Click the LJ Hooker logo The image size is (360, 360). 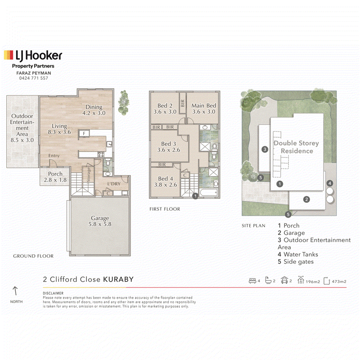[33, 55]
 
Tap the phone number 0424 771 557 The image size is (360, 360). [33, 78]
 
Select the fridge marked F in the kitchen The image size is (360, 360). [84, 133]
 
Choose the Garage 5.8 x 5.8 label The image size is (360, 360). [100, 221]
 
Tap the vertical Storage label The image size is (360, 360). [89, 175]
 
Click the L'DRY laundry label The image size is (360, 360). [114, 184]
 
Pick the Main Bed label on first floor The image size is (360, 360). [204, 108]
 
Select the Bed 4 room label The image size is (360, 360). [165, 182]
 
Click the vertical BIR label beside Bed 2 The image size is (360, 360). [183, 103]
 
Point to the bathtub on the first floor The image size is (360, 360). [208, 193]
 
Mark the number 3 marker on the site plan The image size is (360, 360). [265, 149]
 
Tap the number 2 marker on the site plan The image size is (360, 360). [306, 199]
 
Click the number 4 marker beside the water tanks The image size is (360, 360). [330, 183]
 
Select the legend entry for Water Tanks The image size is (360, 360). [298, 254]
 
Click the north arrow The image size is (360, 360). [15, 291]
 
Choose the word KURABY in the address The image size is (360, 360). [118, 279]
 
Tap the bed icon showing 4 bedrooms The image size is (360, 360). [252, 280]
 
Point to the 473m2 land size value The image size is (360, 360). [339, 282]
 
